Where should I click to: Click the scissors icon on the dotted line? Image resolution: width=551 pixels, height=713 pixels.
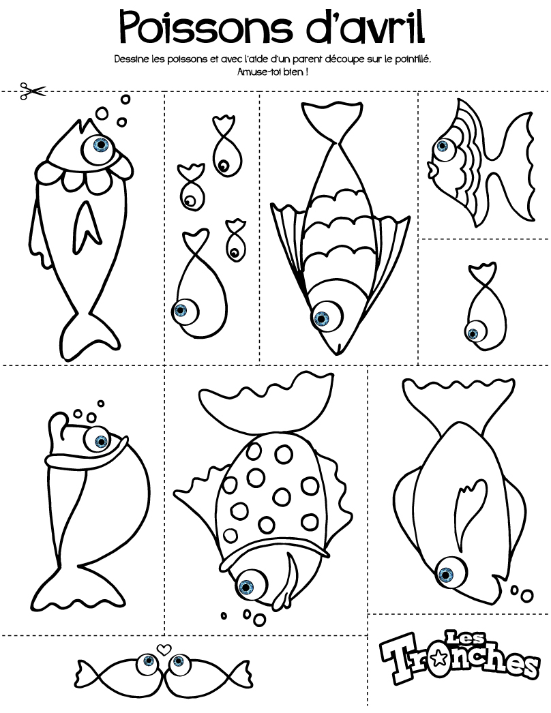tap(33, 91)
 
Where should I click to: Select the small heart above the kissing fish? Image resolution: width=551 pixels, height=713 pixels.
tap(163, 649)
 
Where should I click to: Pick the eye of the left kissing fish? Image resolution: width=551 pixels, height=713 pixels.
tap(148, 661)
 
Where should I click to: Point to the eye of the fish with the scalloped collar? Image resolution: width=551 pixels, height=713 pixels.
tap(100, 145)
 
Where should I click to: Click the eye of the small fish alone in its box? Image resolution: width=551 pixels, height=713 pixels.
tap(474, 334)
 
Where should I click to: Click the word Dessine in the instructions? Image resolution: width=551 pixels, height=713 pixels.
tap(130, 59)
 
